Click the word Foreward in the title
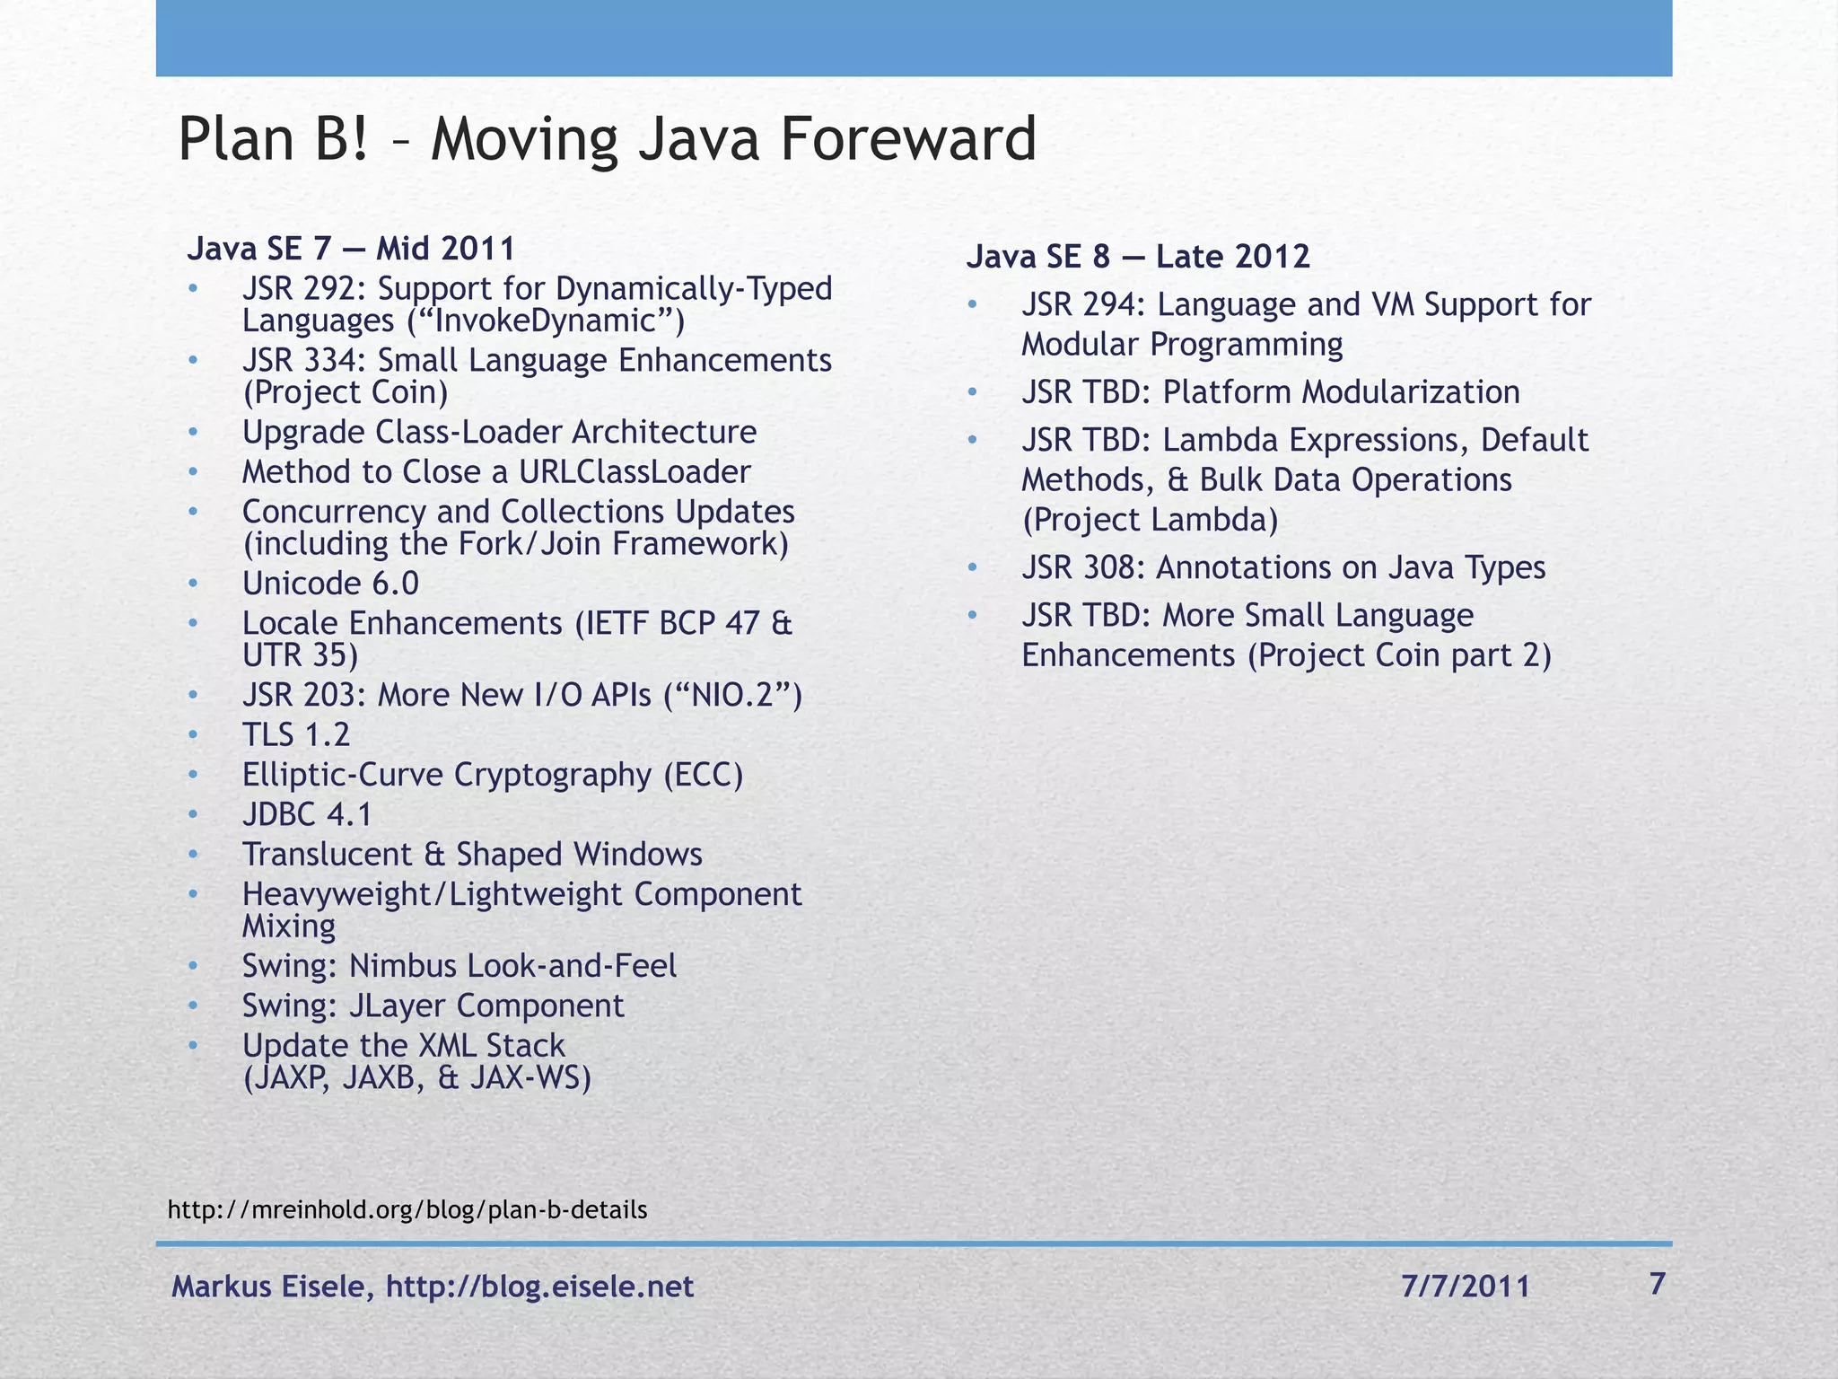[x=908, y=140]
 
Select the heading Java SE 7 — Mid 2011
[x=351, y=249]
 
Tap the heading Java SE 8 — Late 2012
[x=1138, y=257]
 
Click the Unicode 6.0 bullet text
[x=330, y=584]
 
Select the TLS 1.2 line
[x=296, y=735]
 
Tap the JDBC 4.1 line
[x=307, y=814]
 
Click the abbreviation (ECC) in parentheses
[x=704, y=775]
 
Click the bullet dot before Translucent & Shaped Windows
[x=193, y=855]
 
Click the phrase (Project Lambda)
[x=1150, y=520]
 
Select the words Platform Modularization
[x=1341, y=392]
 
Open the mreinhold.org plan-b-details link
[x=407, y=1210]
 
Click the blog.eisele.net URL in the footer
[x=539, y=1287]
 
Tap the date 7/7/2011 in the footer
[x=1465, y=1287]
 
